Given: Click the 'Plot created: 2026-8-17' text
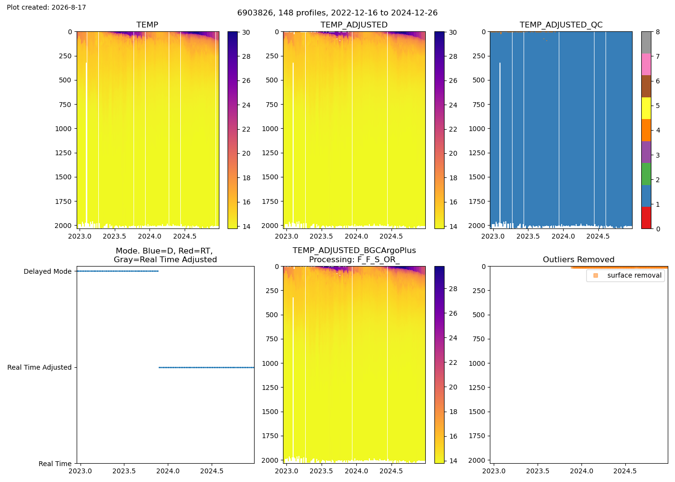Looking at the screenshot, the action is pos(46,7).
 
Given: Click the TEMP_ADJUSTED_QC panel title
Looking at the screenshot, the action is pos(561,25).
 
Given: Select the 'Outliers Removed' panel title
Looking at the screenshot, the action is pos(578,260).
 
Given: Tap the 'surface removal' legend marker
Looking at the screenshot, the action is pos(595,275).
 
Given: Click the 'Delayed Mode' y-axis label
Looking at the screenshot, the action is pos(48,271).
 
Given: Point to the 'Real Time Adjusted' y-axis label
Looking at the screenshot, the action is pos(40,367).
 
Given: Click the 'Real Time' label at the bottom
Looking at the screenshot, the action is pos(55,464).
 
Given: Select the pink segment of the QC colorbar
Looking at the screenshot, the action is pos(646,65).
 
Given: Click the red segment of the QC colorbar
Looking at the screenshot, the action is pos(646,218).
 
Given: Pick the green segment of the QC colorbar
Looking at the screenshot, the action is pos(646,174).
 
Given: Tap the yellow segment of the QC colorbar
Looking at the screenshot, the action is pos(646,108).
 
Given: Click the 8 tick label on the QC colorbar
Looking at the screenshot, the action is pos(658,32).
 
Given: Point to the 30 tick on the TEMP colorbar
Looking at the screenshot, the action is pos(246,32).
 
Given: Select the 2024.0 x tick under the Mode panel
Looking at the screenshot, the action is pos(168,471).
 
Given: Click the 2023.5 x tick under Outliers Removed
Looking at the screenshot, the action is pos(537,471).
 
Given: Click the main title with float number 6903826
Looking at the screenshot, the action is pos(337,13).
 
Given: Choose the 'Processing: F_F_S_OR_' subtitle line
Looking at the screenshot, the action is pos(354,260).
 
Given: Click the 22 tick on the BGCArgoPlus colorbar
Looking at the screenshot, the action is pos(453,362).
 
